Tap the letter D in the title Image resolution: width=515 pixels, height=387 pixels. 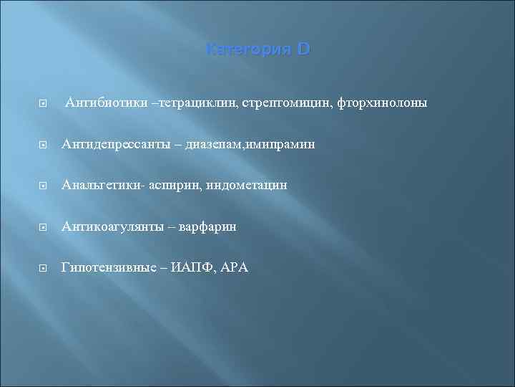(303, 51)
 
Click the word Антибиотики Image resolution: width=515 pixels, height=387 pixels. (105, 103)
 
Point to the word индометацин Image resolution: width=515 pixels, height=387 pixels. (245, 186)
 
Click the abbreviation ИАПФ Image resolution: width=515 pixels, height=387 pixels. (191, 267)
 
